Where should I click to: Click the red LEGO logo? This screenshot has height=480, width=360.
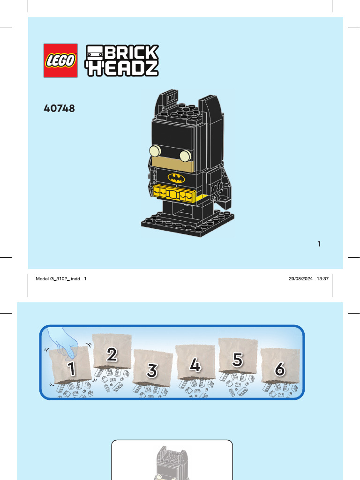(x=60, y=60)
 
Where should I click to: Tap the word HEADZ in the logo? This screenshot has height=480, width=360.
(x=122, y=68)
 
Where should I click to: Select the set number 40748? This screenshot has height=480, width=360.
(x=59, y=109)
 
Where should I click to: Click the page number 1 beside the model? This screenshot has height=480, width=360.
(x=319, y=243)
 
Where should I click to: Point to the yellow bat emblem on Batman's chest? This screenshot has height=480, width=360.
(x=176, y=178)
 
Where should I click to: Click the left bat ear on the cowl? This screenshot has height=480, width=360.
(x=172, y=98)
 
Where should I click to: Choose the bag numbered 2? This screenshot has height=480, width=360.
(x=112, y=352)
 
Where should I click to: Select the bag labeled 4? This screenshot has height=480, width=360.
(x=195, y=364)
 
